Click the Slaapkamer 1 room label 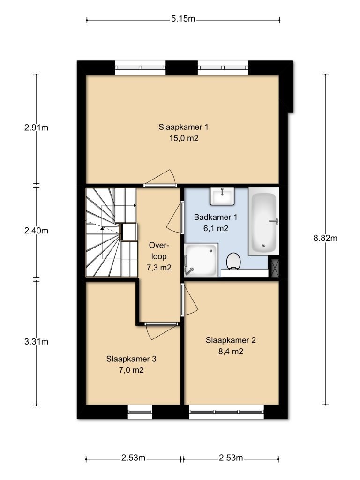click(x=183, y=127)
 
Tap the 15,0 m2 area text click(x=183, y=138)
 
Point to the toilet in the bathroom click(x=233, y=261)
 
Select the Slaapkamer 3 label click(x=131, y=359)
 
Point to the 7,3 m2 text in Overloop click(x=159, y=268)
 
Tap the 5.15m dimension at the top click(x=183, y=19)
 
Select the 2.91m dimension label click(x=37, y=127)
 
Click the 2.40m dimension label click(x=37, y=230)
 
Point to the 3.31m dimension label click(x=37, y=341)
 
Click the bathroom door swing click(x=175, y=217)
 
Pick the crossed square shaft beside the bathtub click(x=274, y=267)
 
